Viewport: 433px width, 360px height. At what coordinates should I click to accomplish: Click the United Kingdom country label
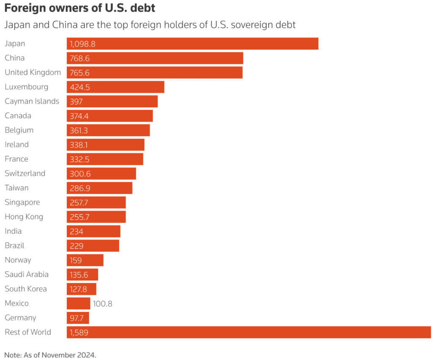(33, 72)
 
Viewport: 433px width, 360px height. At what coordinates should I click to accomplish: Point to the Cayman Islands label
(32, 101)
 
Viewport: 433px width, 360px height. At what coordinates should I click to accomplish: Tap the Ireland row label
(16, 145)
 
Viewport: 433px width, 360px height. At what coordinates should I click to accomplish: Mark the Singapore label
(22, 202)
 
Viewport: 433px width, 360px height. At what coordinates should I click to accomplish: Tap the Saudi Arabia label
(26, 275)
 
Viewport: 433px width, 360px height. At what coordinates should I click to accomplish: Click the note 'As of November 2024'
(50, 355)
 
